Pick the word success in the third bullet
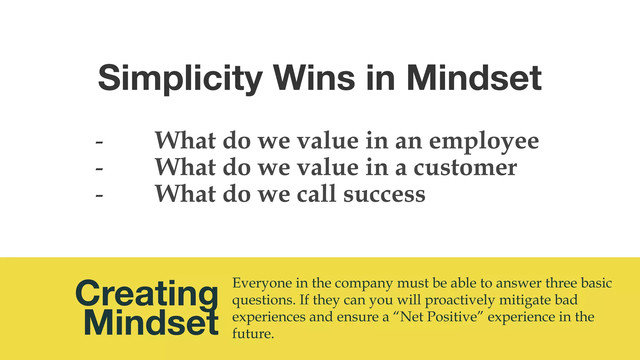[x=384, y=194]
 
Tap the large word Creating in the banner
[x=147, y=294]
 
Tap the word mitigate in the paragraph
[x=525, y=300]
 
